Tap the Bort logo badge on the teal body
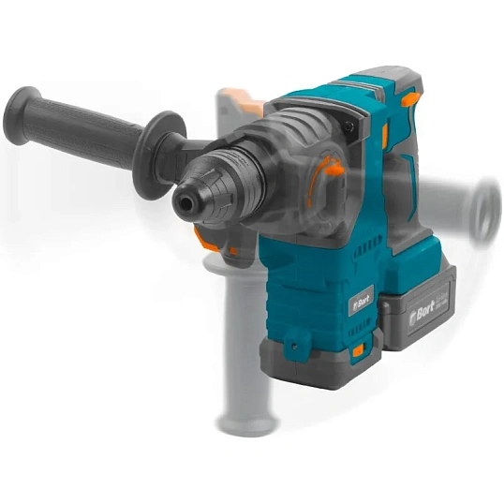pyautogui.click(x=361, y=301)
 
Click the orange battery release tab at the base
pyautogui.click(x=360, y=352)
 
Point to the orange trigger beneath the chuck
pyautogui.click(x=211, y=242)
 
